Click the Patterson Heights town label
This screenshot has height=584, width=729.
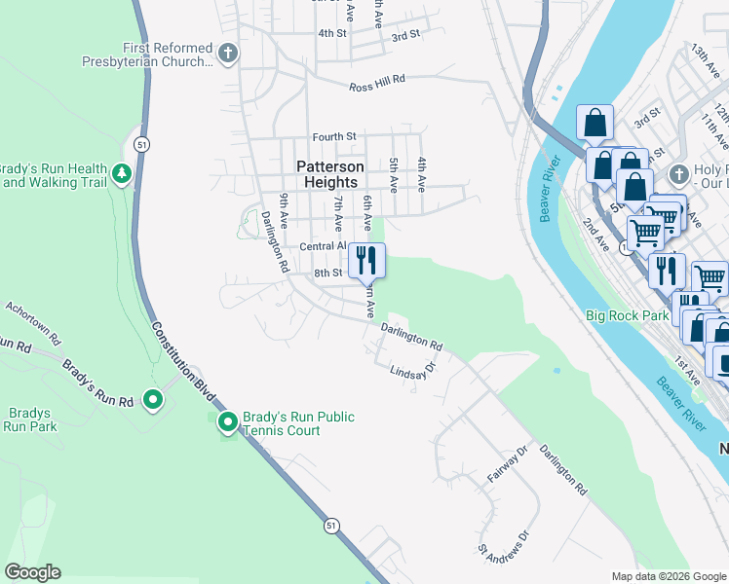329,174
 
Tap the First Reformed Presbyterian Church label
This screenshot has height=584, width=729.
168,55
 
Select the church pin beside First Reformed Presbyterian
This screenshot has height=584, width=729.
228,54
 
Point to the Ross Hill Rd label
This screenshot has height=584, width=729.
390,88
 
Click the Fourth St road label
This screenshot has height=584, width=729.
335,137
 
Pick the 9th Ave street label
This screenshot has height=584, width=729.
283,210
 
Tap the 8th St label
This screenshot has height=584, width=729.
327,274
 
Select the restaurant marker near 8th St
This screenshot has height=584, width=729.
366,260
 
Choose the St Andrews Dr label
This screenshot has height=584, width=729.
503,544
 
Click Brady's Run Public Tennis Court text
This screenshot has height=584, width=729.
298,423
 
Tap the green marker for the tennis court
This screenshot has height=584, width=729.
227,422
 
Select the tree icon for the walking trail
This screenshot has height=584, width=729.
122,174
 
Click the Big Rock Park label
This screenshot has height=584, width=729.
628,315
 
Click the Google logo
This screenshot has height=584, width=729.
32,572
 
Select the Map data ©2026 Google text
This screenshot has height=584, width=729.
668,576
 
